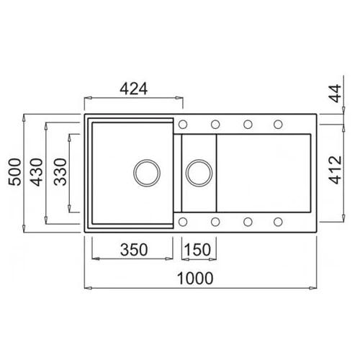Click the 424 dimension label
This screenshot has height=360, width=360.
(134, 89)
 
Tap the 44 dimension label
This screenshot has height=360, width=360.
(335, 93)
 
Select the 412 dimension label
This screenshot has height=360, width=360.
(335, 170)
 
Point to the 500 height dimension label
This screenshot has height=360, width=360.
(15, 172)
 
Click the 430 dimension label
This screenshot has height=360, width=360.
(37, 172)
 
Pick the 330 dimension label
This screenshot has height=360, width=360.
(60, 172)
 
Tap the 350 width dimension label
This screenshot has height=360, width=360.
(134, 250)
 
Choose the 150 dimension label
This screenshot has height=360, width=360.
(198, 250)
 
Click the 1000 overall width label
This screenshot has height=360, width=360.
(195, 279)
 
